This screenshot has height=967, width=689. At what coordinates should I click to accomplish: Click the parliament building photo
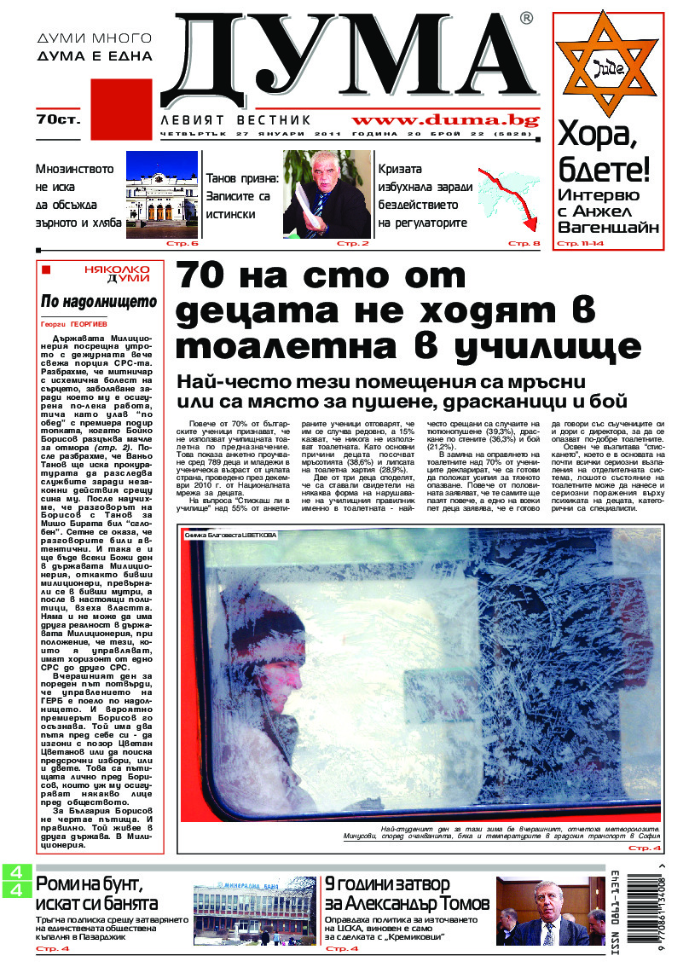coord(161,194)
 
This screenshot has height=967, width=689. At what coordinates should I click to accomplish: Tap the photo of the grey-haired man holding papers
coord(327,194)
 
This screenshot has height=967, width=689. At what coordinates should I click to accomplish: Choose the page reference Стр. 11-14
coord(580,244)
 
